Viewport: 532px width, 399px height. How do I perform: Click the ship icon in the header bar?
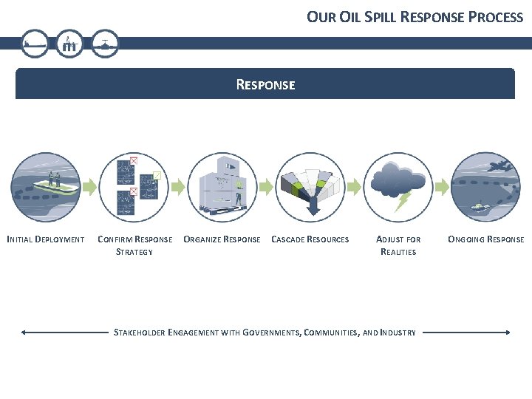34,44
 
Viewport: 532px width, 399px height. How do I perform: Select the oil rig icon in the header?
70,44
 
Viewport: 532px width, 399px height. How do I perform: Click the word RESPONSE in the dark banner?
265,85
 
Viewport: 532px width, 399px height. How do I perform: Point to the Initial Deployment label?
45,239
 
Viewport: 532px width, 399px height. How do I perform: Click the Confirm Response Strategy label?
134,245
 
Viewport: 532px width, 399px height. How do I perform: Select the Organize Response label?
222,239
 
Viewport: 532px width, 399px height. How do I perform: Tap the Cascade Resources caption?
310,239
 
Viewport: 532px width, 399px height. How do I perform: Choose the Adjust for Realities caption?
398,245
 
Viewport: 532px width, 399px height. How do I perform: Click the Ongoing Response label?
486,239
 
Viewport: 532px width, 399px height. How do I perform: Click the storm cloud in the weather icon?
400,177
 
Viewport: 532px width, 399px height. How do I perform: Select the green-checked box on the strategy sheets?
157,175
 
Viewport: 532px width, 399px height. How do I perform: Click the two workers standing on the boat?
53,178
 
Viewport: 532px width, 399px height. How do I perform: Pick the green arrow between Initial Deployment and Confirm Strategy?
90,187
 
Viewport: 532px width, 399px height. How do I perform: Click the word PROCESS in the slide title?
495,16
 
